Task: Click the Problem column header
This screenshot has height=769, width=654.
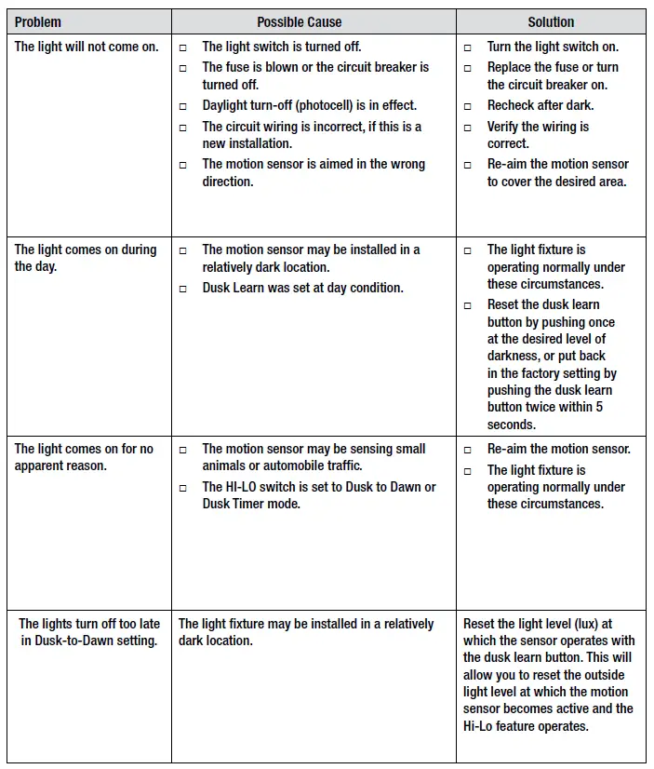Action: pos(38,21)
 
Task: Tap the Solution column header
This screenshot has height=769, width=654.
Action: pos(551,21)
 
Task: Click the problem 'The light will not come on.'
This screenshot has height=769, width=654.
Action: pos(87,47)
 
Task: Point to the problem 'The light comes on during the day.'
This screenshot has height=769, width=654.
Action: pos(86,258)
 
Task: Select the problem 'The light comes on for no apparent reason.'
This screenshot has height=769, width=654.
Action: pos(84,457)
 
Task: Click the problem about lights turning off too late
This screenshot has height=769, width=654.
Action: pos(89,632)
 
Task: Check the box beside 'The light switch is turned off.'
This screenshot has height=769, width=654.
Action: pos(183,47)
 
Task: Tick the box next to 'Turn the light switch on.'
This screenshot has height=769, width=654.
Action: pos(468,47)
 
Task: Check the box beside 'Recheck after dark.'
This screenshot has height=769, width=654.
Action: pos(468,106)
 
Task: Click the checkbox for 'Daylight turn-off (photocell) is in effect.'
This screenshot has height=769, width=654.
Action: pos(183,106)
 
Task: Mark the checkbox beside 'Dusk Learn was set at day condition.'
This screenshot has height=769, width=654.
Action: pos(183,289)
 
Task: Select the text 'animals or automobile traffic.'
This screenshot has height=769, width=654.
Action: pos(283,465)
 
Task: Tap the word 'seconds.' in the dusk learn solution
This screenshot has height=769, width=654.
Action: pos(512,424)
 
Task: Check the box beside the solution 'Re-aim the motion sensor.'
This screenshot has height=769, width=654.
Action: pos(468,450)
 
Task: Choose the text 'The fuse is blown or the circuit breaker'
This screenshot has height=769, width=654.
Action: pos(315,67)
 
